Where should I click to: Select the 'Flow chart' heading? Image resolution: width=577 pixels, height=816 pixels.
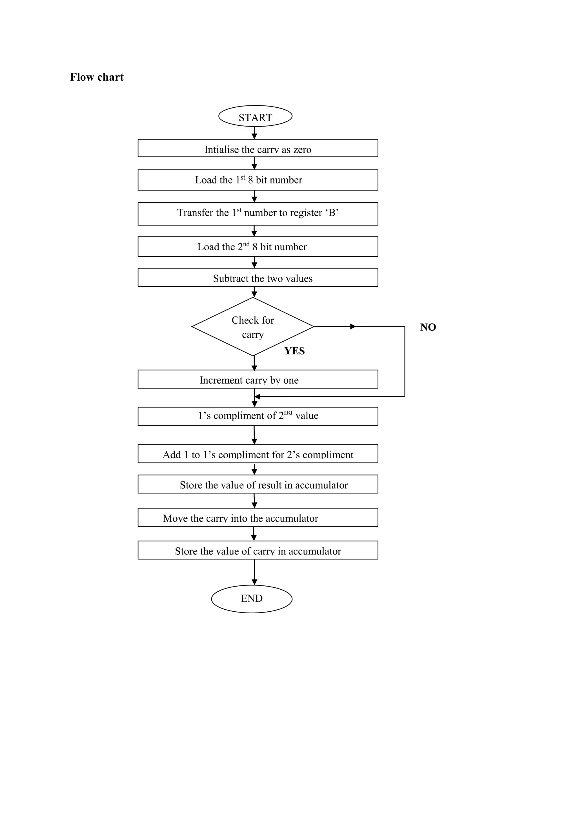pos(97,77)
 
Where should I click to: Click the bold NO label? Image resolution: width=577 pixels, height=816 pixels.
pos(428,327)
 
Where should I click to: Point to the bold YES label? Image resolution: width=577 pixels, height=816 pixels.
pos(294,351)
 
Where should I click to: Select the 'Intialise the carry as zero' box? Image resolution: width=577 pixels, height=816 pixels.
pos(258,148)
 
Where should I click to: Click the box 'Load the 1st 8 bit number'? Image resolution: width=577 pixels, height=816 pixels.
pos(258,180)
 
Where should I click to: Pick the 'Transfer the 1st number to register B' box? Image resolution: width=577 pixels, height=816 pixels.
pos(258,214)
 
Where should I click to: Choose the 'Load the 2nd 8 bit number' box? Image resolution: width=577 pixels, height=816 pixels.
pos(258,247)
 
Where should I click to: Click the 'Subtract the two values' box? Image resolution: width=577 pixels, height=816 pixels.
pos(258,278)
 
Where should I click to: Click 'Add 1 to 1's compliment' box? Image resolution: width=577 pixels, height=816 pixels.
pos(258,454)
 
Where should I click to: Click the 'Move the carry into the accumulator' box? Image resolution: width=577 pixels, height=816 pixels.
pos(258,518)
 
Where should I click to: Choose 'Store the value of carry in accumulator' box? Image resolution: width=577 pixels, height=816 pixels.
pos(258,550)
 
